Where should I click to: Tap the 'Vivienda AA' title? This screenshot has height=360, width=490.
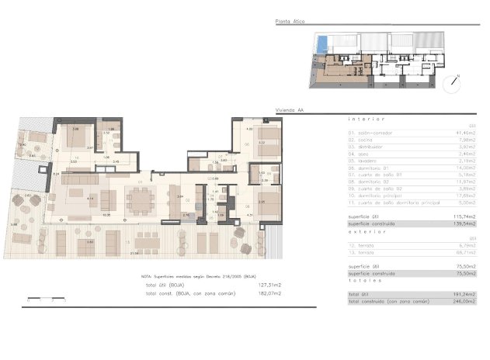(290, 110)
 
